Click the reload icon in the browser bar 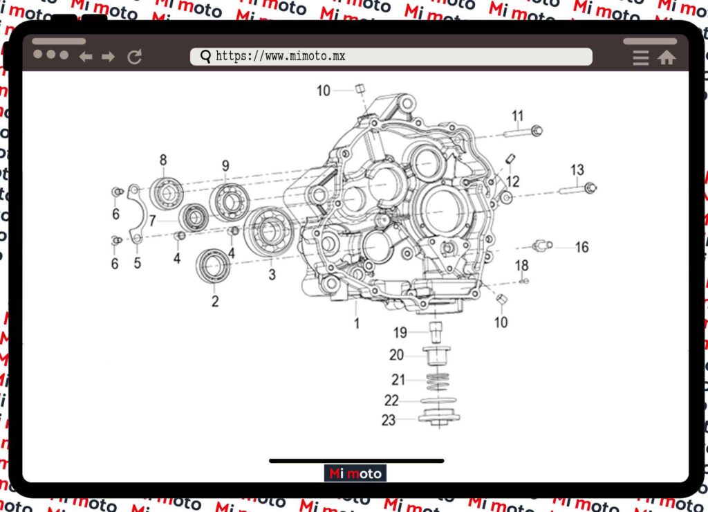pyautogui.click(x=135, y=57)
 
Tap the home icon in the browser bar pyautogui.click(x=667, y=58)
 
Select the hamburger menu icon pyautogui.click(x=641, y=58)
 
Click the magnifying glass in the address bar pyautogui.click(x=205, y=57)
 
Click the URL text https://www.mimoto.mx pyautogui.click(x=280, y=57)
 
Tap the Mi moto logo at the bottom pyautogui.click(x=355, y=474)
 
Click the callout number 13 pyautogui.click(x=577, y=170)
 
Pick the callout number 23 pyautogui.click(x=389, y=419)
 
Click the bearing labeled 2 pyautogui.click(x=213, y=266)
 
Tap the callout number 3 pyautogui.click(x=272, y=275)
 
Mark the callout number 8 pyautogui.click(x=163, y=161)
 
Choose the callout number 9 pyautogui.click(x=225, y=165)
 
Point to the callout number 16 pyautogui.click(x=582, y=247)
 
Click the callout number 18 pyautogui.click(x=521, y=266)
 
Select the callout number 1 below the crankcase pyautogui.click(x=357, y=322)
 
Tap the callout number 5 pyautogui.click(x=138, y=263)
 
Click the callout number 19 pyautogui.click(x=400, y=333)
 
